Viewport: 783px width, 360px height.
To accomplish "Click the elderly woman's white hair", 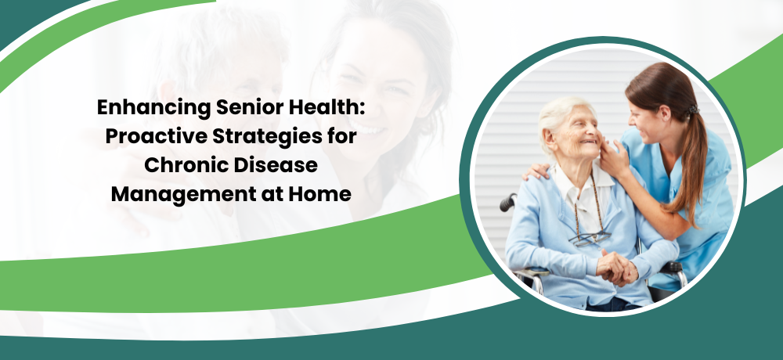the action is (558, 116).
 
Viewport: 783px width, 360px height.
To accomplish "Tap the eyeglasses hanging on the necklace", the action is (590, 238).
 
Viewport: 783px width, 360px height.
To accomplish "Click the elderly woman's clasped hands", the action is (617, 267).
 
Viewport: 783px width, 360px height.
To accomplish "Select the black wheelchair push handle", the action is (508, 201).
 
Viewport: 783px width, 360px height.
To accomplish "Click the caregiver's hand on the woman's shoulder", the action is (536, 171).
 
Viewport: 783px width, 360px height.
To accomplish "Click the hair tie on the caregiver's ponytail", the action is (693, 110).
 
